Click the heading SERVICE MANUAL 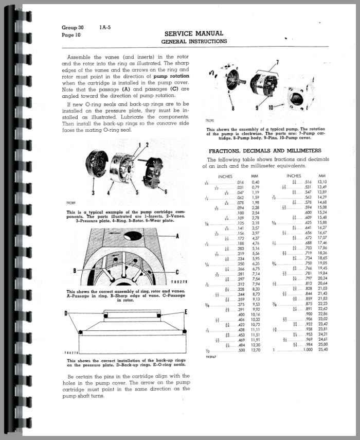[x=193, y=33]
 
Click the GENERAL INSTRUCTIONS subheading [x=193, y=41]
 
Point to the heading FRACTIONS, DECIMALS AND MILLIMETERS [x=265, y=151]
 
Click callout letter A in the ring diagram [x=177, y=236]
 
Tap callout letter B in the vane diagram [x=75, y=270]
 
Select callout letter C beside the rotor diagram [x=176, y=272]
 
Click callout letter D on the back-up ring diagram [x=66, y=313]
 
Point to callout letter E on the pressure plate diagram [x=185, y=312]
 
